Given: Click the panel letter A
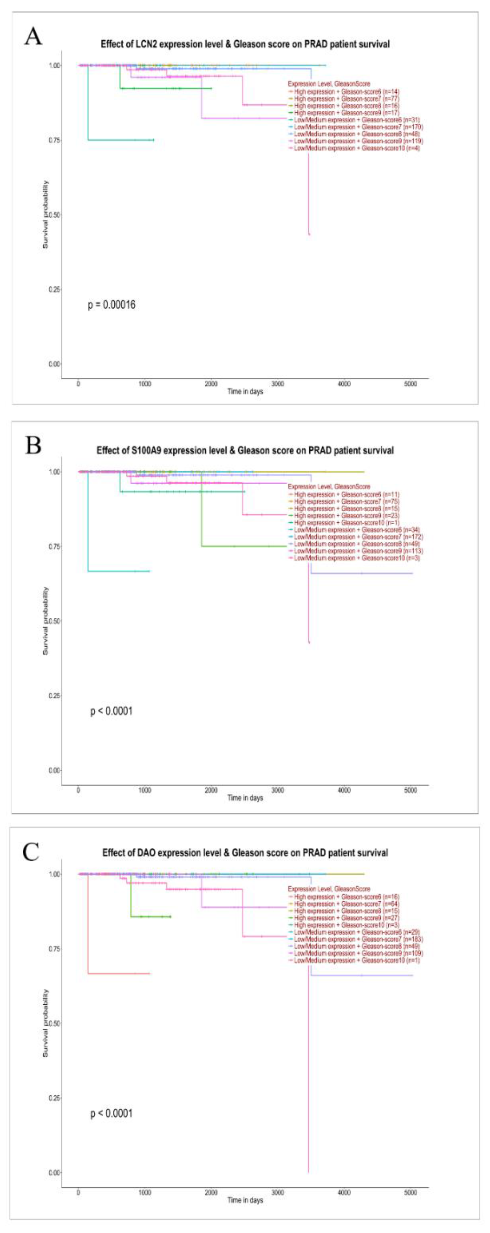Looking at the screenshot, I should pos(33,37).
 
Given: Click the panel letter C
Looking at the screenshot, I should pos(31,852).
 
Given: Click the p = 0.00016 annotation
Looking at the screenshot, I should pos(112,304).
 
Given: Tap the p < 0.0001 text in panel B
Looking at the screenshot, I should pos(112,711).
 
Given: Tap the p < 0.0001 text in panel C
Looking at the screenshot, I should pos(112,1113).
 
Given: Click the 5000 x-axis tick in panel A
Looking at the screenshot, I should pos(410,384).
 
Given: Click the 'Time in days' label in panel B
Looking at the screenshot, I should pos(245,798).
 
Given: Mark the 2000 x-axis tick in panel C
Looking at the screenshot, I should pos(211,1192).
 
